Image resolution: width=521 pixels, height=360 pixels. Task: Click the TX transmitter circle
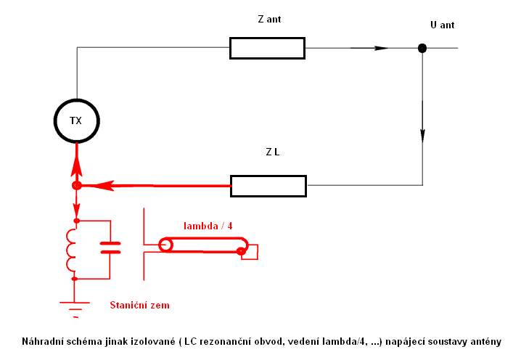[76, 120]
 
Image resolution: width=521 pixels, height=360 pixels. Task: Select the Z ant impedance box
[267, 48]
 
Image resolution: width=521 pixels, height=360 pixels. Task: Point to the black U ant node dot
[422, 48]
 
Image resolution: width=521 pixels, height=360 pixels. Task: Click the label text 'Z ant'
[268, 20]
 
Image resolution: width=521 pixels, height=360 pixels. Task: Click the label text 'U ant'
[443, 25]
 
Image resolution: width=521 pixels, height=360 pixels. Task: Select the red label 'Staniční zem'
[139, 306]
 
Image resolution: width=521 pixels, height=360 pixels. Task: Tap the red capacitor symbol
[110, 247]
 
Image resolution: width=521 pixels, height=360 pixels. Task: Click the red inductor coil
[71, 249]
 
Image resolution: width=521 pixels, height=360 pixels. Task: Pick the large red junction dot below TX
[76, 185]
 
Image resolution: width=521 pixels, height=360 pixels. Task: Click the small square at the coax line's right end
[250, 252]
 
